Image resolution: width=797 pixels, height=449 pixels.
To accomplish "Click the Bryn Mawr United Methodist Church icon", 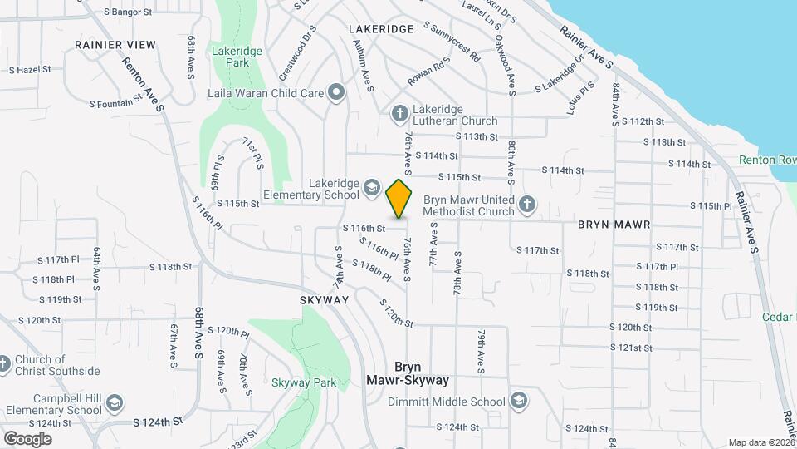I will click(x=526, y=204).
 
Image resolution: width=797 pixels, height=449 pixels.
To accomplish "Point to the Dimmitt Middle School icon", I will click(x=519, y=402).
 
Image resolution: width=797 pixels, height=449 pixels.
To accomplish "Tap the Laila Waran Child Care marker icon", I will click(x=335, y=93).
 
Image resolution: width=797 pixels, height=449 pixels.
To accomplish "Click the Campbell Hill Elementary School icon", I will click(x=115, y=404).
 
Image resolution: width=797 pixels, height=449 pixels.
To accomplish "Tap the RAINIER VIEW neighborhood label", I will click(x=115, y=44).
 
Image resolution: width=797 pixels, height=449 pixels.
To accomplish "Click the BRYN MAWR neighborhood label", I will click(x=614, y=225).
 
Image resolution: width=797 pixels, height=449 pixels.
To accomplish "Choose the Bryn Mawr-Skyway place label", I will click(x=408, y=373).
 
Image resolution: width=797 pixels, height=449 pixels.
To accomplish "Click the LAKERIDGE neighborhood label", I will click(x=381, y=29).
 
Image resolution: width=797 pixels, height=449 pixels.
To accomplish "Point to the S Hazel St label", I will click(x=29, y=70).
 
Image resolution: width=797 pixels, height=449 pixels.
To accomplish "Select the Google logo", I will click(x=27, y=438).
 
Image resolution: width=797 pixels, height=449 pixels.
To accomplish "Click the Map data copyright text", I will click(x=760, y=442).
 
